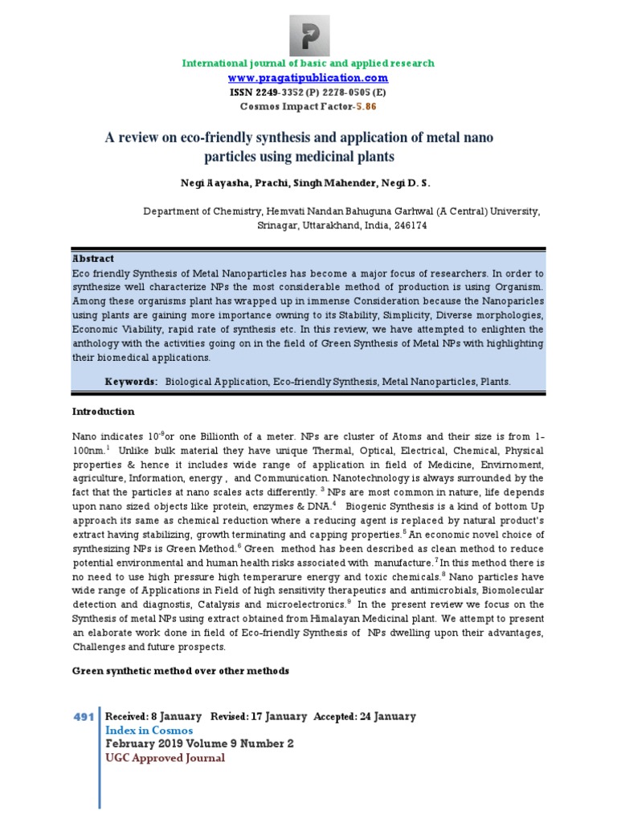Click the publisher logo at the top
(x=308, y=31)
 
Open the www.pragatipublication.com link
(x=308, y=78)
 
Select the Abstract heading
(x=94, y=259)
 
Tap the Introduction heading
(x=104, y=411)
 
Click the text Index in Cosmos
(x=149, y=731)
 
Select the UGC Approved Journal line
(x=165, y=758)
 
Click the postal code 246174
(x=407, y=226)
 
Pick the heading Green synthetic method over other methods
(x=181, y=670)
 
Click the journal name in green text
(x=308, y=63)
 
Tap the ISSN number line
(x=308, y=92)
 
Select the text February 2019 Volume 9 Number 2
(x=200, y=744)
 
